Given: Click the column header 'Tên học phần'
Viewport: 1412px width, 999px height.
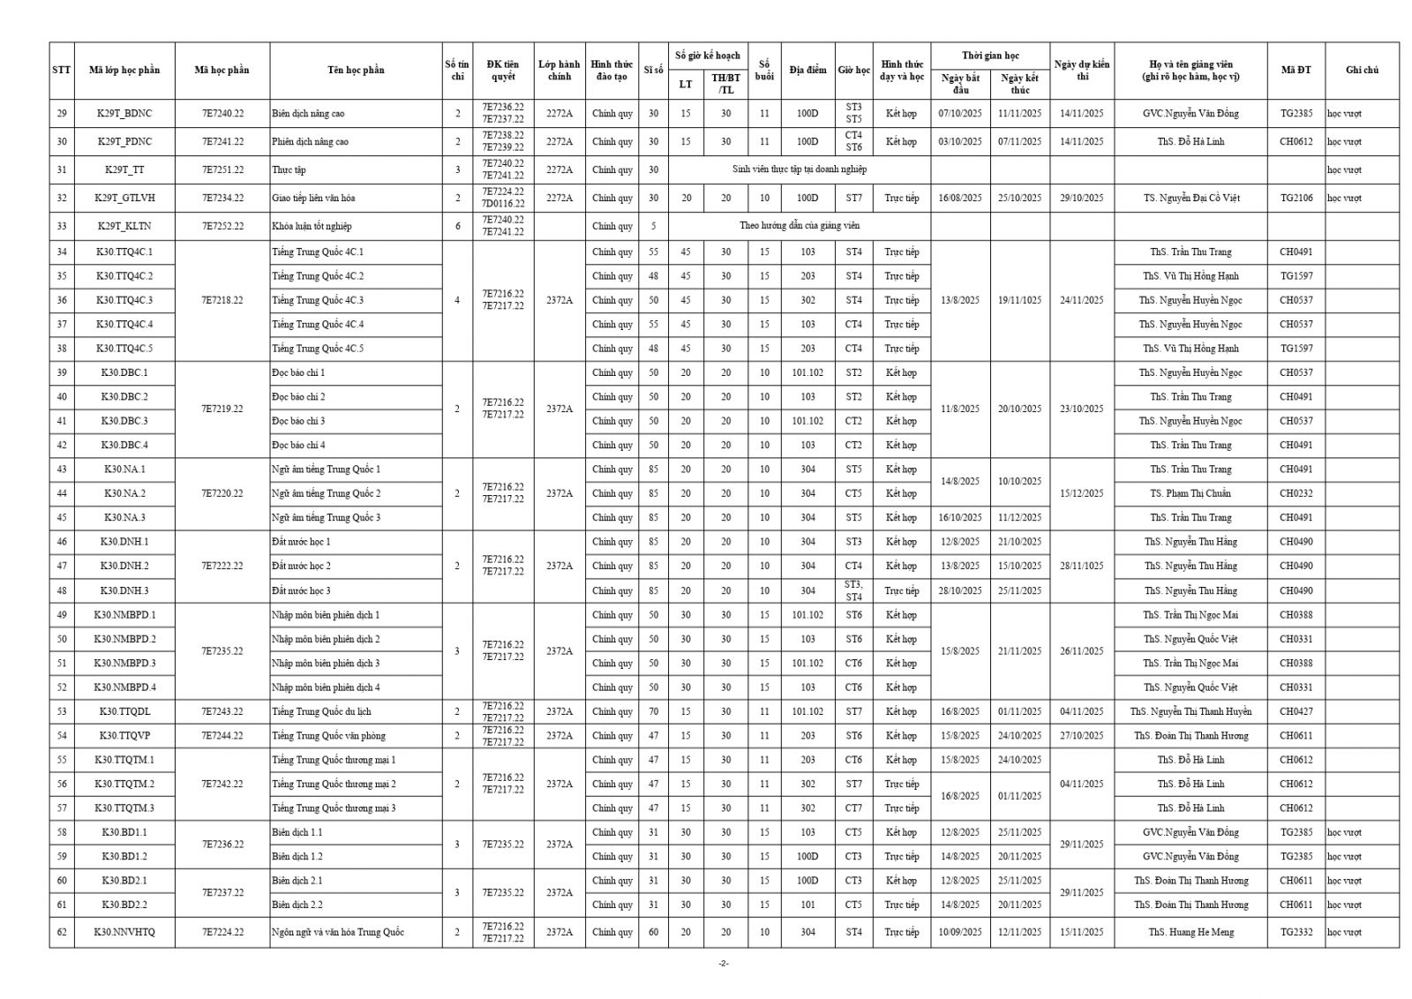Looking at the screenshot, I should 356,71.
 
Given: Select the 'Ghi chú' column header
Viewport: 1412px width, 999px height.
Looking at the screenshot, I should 1362,71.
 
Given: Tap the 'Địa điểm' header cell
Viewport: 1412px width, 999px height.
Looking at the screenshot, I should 807,71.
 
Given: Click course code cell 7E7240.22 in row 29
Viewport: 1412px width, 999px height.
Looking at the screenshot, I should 222,114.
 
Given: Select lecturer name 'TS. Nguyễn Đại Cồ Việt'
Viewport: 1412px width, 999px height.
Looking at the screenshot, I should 1190,198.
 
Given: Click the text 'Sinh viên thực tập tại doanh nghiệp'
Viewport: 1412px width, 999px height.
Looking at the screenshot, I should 800,169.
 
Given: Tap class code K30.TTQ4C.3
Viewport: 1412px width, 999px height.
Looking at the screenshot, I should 124,300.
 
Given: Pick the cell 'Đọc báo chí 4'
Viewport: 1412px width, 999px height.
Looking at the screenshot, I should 298,445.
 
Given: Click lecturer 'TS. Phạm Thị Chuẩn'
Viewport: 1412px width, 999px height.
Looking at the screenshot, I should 1190,493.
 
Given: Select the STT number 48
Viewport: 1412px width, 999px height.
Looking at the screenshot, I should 62,590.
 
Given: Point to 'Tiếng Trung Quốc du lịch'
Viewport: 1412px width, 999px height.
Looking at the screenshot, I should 321,711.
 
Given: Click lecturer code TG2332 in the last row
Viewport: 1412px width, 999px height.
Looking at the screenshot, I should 1296,932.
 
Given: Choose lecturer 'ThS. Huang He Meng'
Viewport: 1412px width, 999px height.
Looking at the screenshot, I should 1190,932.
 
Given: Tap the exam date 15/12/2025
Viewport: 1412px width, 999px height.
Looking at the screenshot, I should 1081,493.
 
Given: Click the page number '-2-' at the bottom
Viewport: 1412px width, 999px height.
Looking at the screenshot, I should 723,964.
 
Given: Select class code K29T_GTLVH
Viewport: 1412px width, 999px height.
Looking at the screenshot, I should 124,198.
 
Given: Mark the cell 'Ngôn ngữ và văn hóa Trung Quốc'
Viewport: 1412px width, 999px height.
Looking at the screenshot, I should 337,932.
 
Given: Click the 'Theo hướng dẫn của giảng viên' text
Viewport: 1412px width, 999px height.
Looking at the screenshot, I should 800,226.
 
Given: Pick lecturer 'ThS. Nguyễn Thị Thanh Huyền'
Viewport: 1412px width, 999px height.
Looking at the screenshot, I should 1190,711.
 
